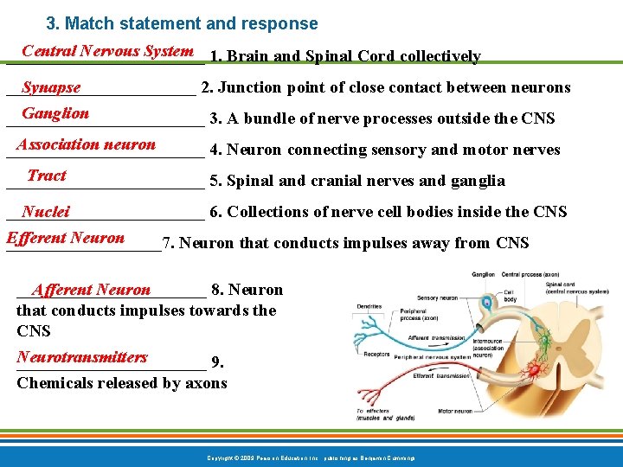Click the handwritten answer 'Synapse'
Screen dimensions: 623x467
51,87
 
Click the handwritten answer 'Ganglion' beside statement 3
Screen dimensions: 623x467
55,113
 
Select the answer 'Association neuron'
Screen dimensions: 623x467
86,144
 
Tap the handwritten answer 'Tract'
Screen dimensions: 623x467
47,176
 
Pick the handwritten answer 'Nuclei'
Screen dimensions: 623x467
46,212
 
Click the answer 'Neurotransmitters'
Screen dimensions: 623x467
82,357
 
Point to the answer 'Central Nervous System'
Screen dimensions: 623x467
107,51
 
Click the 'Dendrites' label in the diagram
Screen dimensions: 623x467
369,306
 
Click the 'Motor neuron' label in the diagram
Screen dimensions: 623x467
455,411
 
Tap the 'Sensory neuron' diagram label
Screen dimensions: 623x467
438,297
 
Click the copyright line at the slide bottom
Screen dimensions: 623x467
311,457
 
